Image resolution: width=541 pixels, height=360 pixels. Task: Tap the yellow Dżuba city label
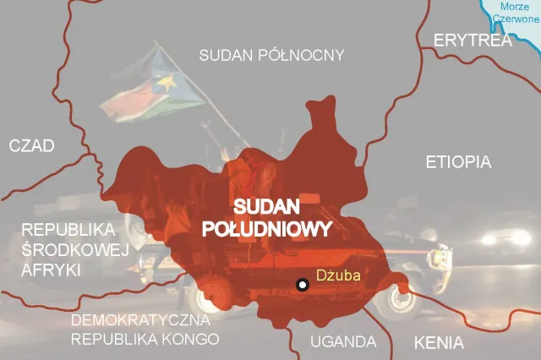pyautogui.click(x=337, y=275)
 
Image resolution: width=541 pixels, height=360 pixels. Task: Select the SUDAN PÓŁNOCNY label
pyautogui.click(x=271, y=56)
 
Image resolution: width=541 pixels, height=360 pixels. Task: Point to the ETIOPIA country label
pyautogui.click(x=458, y=161)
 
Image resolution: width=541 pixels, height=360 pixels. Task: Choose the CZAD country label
pyautogui.click(x=32, y=146)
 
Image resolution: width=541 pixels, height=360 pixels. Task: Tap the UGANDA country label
pyautogui.click(x=342, y=341)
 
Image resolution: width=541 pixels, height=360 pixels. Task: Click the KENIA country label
pyautogui.click(x=438, y=343)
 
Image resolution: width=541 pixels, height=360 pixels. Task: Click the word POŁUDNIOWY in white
pyautogui.click(x=268, y=228)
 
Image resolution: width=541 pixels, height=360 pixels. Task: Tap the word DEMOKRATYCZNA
pyautogui.click(x=145, y=321)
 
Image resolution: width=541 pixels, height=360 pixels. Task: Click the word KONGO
pyautogui.click(x=190, y=339)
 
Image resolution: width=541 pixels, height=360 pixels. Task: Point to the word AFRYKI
pyautogui.click(x=51, y=270)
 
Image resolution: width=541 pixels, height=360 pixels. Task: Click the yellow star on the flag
pyautogui.click(x=167, y=84)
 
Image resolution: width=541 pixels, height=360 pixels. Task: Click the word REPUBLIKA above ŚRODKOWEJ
pyautogui.click(x=68, y=230)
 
